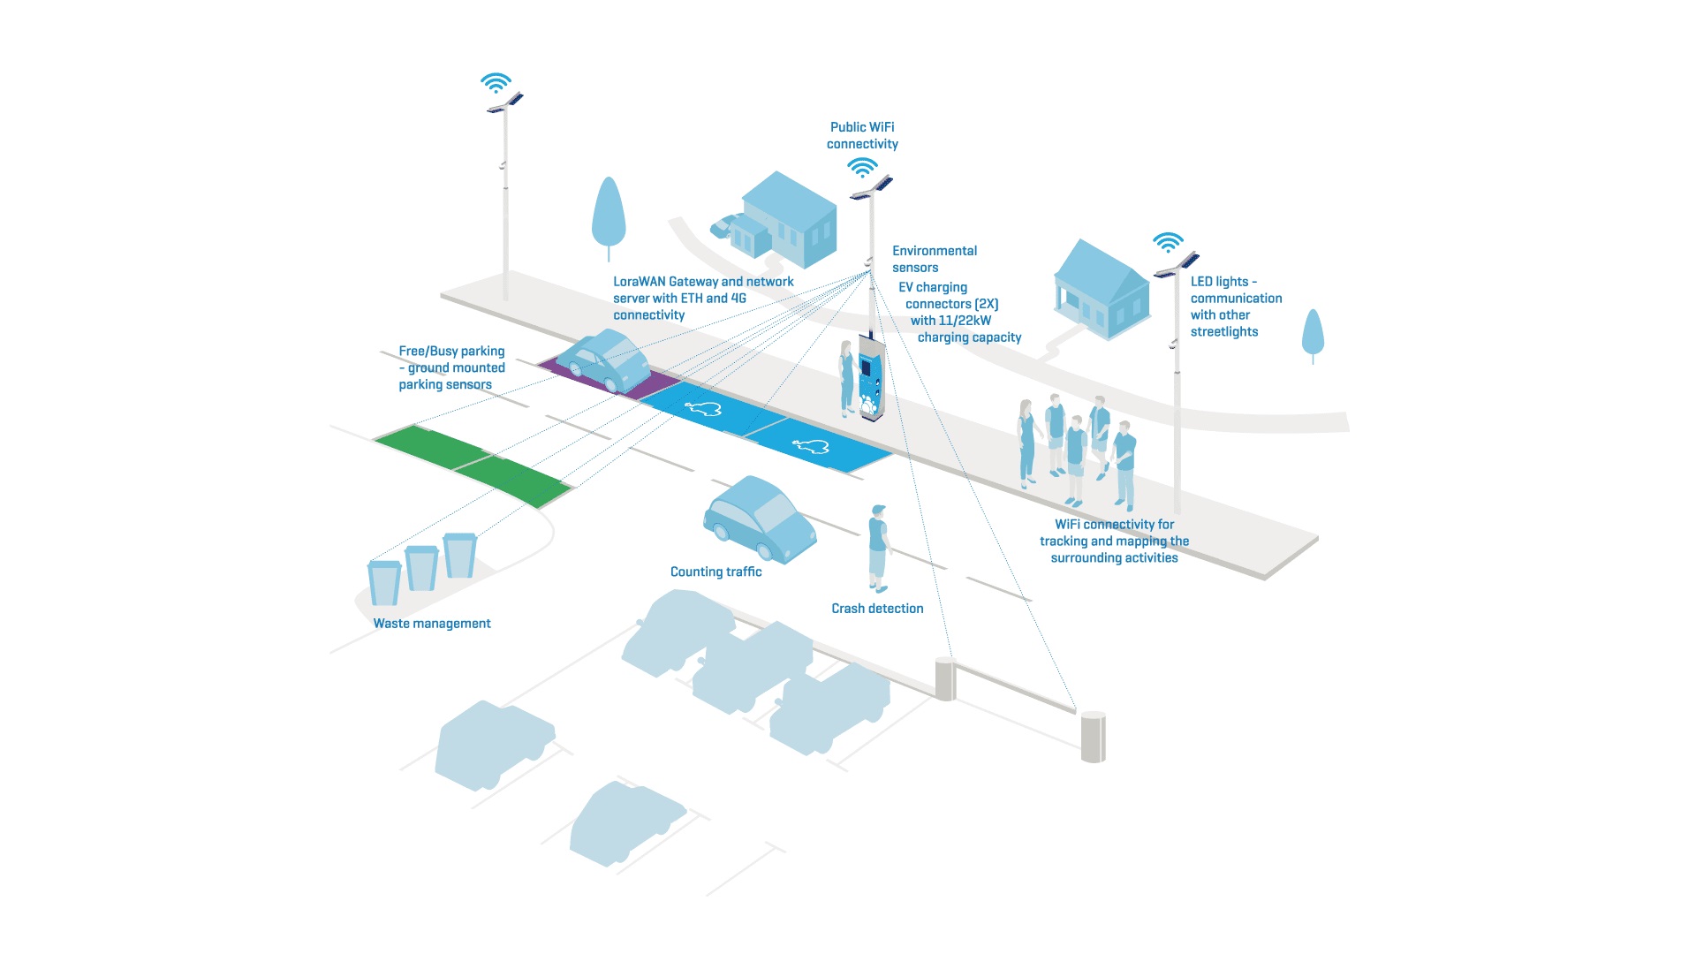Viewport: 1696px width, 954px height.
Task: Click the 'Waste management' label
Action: tap(431, 624)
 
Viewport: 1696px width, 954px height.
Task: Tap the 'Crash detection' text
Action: tap(877, 609)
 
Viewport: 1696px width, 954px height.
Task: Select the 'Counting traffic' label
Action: tap(715, 572)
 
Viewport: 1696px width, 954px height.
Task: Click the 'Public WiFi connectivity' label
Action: tap(862, 136)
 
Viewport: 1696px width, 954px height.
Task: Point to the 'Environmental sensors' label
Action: tap(934, 259)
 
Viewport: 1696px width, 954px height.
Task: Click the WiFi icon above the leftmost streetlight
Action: tap(496, 83)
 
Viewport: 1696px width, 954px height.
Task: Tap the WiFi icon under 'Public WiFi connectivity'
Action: tap(862, 167)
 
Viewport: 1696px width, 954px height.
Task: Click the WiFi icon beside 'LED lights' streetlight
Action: tap(1168, 242)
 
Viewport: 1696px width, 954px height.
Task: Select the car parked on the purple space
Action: tap(604, 360)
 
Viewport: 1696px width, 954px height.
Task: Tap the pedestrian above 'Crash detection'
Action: tap(878, 548)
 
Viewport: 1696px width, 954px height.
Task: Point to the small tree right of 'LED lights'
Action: tap(1313, 333)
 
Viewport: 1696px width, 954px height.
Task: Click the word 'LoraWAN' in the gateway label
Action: tap(639, 282)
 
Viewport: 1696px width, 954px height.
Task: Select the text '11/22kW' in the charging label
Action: tap(965, 321)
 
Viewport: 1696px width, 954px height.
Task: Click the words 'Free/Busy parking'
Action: tap(451, 352)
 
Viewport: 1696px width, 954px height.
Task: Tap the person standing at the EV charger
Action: tap(847, 378)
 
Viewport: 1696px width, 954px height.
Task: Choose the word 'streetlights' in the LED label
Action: tap(1223, 332)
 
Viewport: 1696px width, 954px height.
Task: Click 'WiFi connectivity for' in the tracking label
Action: tap(1114, 525)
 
